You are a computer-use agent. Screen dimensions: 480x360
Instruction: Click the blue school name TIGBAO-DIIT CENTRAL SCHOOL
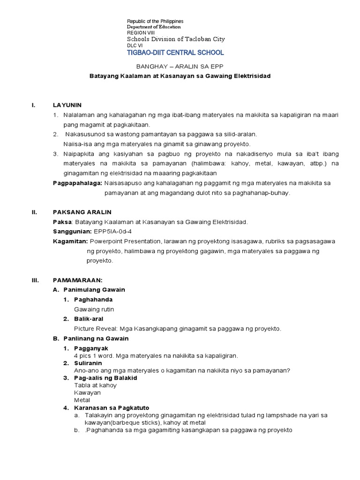click(x=175, y=53)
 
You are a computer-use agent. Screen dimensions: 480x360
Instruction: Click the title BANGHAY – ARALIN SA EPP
click(x=180, y=67)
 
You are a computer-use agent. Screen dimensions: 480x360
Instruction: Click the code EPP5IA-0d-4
click(x=112, y=231)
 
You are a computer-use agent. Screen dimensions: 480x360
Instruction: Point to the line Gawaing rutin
click(x=94, y=309)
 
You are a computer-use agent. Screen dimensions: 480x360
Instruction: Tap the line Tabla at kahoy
click(x=95, y=385)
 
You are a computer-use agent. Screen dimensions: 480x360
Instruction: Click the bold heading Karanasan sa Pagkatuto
click(x=111, y=407)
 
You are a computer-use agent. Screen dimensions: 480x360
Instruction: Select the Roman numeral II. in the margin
click(x=34, y=212)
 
